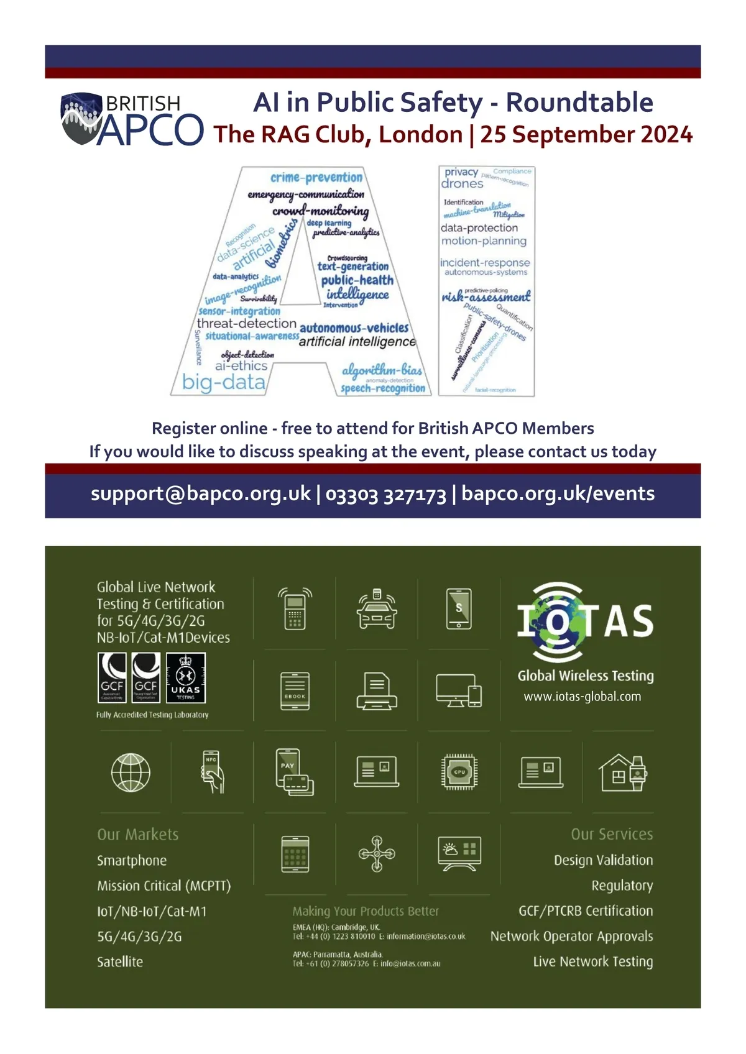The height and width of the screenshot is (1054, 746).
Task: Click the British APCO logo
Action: [132, 119]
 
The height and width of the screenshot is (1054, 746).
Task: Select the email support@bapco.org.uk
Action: [200, 493]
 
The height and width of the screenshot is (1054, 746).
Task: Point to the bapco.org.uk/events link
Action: [558, 493]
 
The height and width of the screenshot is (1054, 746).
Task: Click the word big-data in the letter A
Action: [224, 382]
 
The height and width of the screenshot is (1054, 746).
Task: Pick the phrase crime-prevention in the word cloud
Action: [316, 178]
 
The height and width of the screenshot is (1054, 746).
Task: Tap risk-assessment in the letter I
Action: [486, 296]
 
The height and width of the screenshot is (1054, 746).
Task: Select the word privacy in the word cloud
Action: [461, 172]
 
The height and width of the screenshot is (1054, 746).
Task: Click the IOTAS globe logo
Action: [558, 621]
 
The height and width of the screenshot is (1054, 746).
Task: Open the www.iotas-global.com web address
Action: [582, 697]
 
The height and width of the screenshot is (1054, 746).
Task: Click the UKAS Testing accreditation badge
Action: [186, 678]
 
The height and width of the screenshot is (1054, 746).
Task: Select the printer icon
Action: [377, 691]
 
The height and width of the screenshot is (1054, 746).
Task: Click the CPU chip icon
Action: [459, 772]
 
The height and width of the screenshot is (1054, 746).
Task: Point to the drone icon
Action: [377, 853]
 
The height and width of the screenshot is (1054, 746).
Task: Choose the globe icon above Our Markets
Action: [131, 772]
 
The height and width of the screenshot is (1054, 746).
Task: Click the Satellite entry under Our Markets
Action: [120, 962]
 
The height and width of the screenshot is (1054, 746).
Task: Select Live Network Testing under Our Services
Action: [592, 962]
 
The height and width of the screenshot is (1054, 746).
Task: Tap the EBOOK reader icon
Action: [295, 691]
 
